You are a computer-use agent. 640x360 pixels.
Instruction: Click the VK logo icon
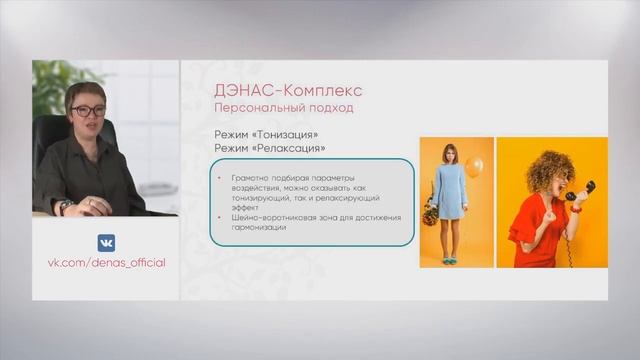(105, 243)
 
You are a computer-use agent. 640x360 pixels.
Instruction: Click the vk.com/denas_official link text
(106, 263)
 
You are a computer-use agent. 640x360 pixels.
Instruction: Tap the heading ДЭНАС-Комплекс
(274, 90)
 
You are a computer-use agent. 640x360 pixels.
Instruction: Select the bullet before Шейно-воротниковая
(221, 217)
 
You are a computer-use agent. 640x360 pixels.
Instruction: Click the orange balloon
(474, 166)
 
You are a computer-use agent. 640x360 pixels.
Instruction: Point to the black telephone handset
(580, 190)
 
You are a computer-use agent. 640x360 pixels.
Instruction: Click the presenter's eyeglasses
(88, 111)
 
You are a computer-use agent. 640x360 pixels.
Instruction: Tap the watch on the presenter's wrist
(66, 206)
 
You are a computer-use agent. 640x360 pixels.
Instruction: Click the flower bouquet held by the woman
(430, 213)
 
